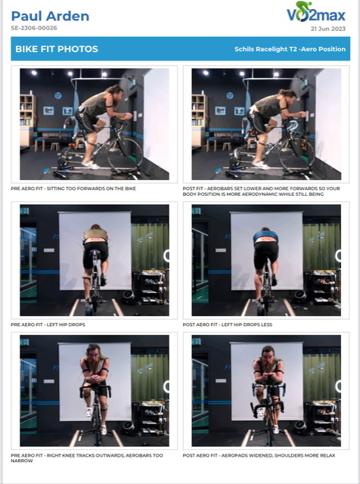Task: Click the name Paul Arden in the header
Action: pyautogui.click(x=50, y=16)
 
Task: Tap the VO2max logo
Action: pyautogui.click(x=316, y=12)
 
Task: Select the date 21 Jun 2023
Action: pyautogui.click(x=328, y=29)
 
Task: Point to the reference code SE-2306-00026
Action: pyautogui.click(x=34, y=28)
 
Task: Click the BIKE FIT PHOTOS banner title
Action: pyautogui.click(x=57, y=48)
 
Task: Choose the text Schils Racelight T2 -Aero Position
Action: pyautogui.click(x=290, y=49)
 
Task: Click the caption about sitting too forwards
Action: pyautogui.click(x=73, y=188)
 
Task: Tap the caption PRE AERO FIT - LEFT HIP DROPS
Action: pyautogui.click(x=48, y=324)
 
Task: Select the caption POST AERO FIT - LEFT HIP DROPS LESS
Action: pyautogui.click(x=228, y=324)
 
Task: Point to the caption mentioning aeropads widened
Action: pyautogui.click(x=259, y=455)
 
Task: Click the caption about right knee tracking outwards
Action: pyautogui.click(x=87, y=458)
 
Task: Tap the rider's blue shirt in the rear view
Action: pyautogui.click(x=265, y=237)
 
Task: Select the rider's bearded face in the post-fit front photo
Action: pyautogui.click(x=268, y=358)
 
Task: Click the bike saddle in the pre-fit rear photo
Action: pyautogui.click(x=95, y=253)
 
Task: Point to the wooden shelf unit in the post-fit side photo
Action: pyautogui.click(x=199, y=120)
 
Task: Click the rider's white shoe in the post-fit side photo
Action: pyautogui.click(x=259, y=165)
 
